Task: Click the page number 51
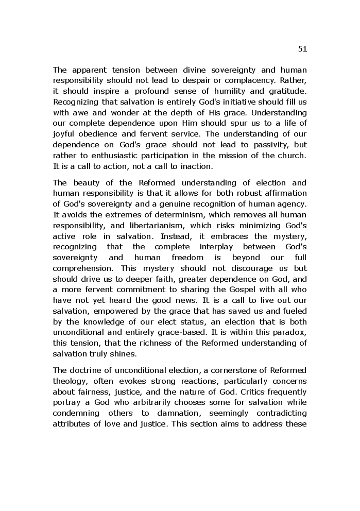pyautogui.click(x=302, y=49)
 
